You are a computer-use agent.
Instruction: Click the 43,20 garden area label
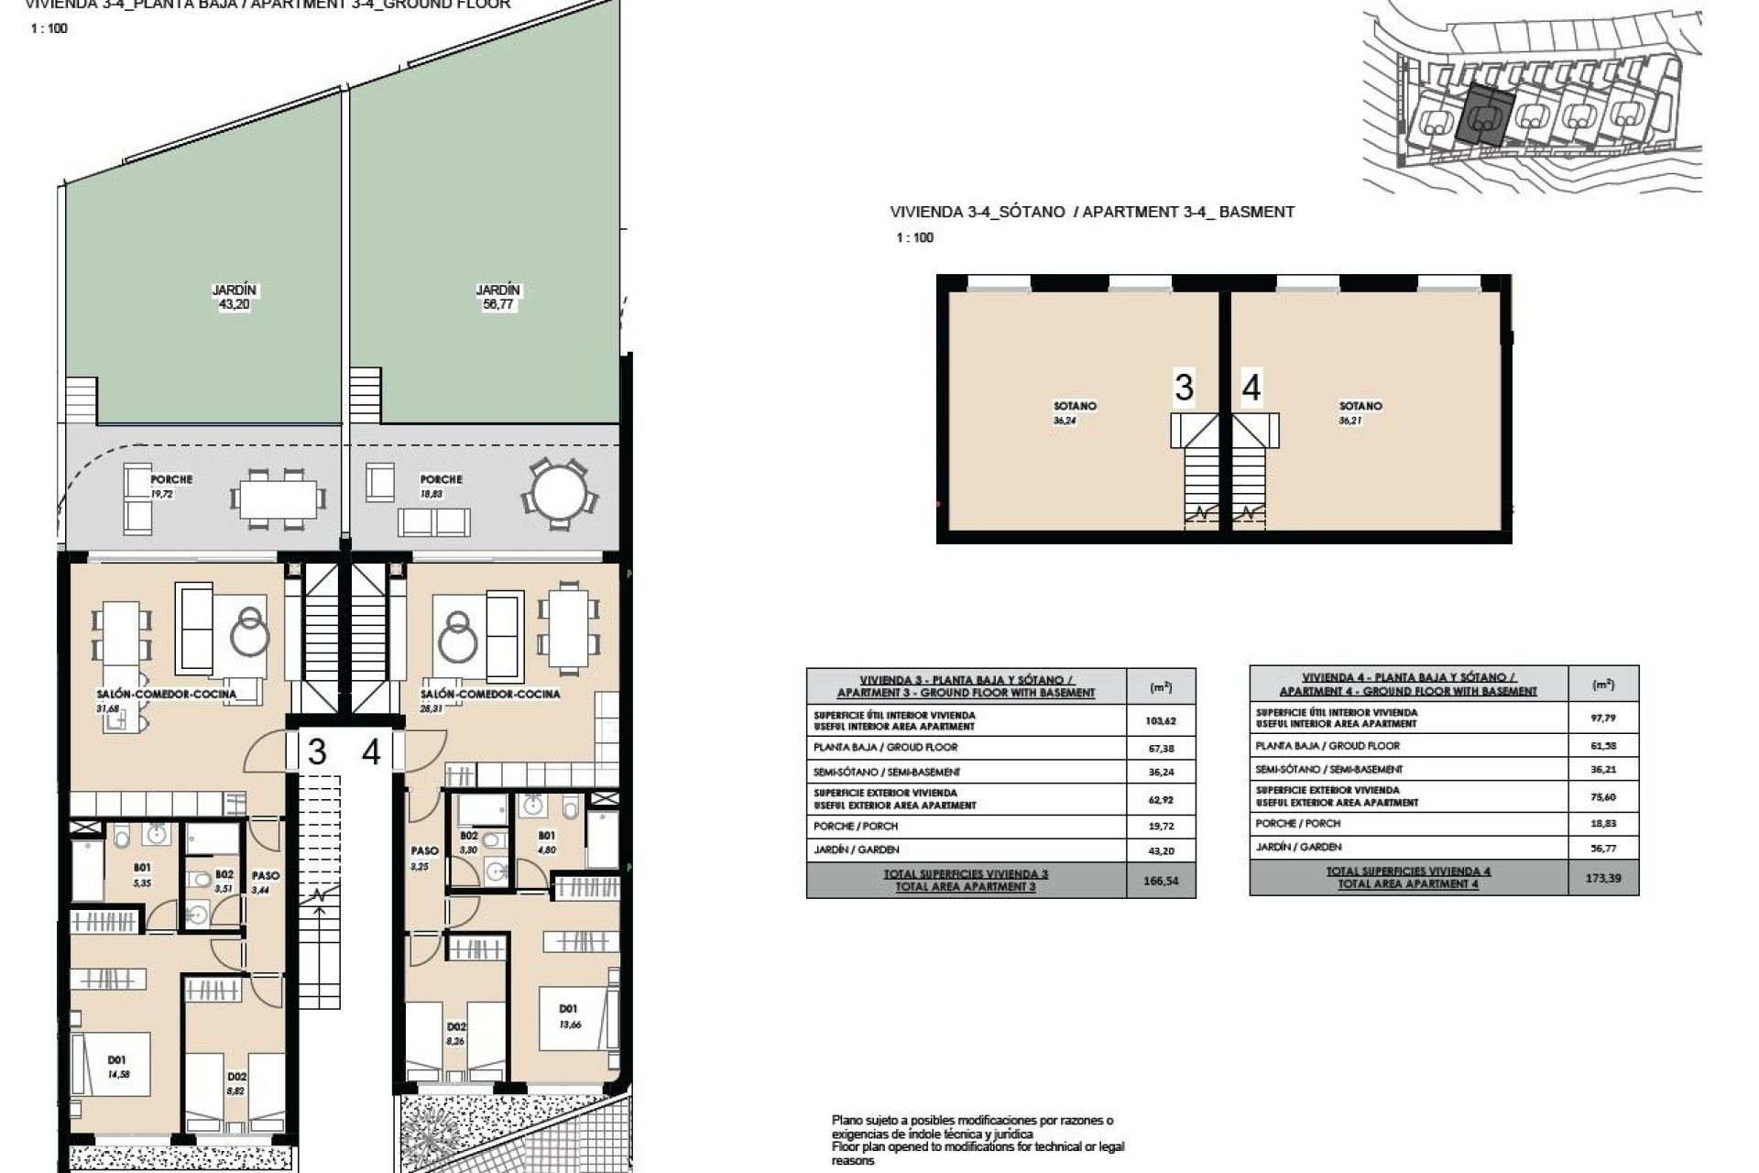tap(235, 304)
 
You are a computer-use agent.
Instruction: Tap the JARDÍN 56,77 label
tap(497, 297)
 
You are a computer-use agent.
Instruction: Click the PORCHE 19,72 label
tap(170, 486)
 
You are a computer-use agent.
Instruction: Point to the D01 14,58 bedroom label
tap(118, 1067)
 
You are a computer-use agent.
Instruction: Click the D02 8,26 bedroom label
tap(456, 1034)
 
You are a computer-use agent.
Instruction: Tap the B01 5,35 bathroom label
tap(142, 874)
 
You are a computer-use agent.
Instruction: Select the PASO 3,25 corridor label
tap(423, 858)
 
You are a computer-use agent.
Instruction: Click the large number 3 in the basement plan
tap(1184, 388)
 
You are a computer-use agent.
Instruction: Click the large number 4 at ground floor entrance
tap(371, 752)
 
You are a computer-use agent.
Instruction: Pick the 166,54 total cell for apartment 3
tap(1160, 881)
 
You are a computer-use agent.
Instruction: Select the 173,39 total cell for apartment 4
tap(1602, 878)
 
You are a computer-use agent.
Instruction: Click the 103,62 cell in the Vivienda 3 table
tap(1160, 720)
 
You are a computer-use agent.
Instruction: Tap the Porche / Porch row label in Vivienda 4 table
tap(1297, 823)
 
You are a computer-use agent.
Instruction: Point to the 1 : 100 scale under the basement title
tap(914, 237)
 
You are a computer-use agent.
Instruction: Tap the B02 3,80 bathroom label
tap(468, 842)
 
